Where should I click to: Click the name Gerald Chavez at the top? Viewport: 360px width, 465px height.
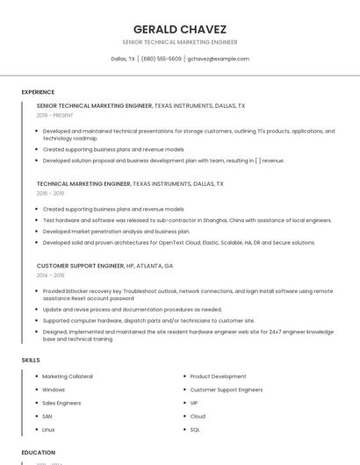pos(179,29)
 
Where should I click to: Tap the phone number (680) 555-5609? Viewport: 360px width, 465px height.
pos(162,59)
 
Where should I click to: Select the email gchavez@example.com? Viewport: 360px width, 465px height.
pos(219,59)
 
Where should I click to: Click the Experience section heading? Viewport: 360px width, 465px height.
pos(38,92)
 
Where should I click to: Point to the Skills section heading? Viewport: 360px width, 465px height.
pos(31,360)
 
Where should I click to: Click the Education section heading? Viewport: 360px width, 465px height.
pos(39,453)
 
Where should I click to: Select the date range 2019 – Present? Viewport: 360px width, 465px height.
pos(54,115)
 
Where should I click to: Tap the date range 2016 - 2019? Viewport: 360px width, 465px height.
pos(50,193)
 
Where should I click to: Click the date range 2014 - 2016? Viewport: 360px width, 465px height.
pos(50,275)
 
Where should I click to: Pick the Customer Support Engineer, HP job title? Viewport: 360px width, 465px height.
pos(104,265)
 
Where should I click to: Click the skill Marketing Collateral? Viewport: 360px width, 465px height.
pos(68,376)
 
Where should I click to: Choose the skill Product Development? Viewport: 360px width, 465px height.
pos(218,376)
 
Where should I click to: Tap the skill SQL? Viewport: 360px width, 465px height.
pos(195,430)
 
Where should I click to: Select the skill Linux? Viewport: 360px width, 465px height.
pos(49,430)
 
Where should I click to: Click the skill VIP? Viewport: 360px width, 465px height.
pos(194,403)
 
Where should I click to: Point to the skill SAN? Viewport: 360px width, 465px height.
pos(47,416)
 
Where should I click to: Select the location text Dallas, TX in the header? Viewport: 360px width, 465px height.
pos(123,59)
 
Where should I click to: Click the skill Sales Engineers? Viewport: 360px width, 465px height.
pos(61,403)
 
